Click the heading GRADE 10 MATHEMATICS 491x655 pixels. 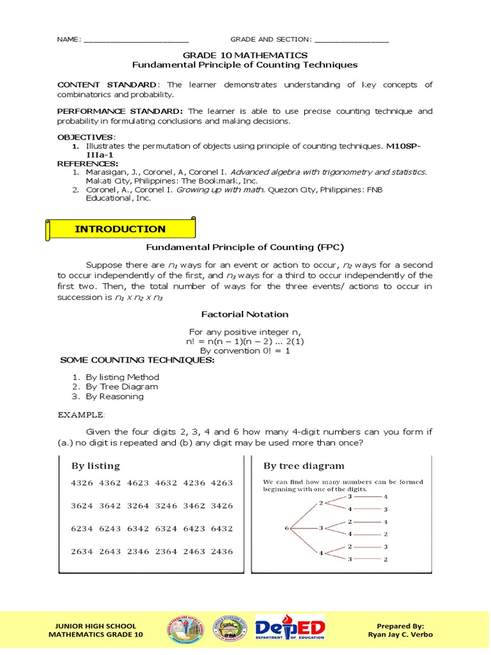(x=245, y=56)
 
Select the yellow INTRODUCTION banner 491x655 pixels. (x=120, y=229)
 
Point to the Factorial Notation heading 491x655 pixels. (x=245, y=314)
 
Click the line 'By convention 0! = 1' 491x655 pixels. (x=245, y=351)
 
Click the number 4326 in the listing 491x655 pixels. (x=82, y=483)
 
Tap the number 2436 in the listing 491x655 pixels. (x=221, y=551)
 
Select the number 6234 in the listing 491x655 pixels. (x=82, y=528)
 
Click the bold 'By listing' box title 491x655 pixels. (x=95, y=465)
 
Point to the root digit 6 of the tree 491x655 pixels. (x=286, y=528)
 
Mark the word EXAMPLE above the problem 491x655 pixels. (x=81, y=414)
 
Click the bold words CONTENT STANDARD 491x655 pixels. (x=106, y=85)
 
